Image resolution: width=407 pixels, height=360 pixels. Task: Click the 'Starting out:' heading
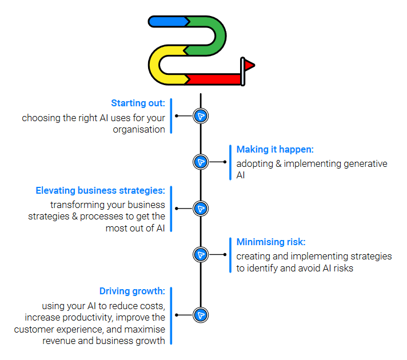(x=138, y=103)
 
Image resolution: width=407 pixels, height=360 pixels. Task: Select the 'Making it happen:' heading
(x=275, y=150)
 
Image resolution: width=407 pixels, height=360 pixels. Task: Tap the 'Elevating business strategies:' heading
(x=100, y=190)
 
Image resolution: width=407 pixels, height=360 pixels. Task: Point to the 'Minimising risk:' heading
(x=271, y=242)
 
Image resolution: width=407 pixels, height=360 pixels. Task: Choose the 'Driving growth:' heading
(x=132, y=291)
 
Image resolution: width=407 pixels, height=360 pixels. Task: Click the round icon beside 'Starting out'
(x=201, y=116)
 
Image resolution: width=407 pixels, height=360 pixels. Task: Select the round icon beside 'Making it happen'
(x=201, y=162)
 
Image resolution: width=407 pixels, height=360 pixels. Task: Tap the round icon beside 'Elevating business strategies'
(x=201, y=209)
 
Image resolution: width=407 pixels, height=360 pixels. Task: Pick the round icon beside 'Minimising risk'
(x=201, y=255)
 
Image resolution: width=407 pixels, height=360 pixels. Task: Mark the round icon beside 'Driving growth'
(x=201, y=315)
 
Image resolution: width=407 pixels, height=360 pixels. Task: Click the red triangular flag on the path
(x=249, y=65)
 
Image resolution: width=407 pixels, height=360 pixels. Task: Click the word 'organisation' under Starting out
(x=139, y=130)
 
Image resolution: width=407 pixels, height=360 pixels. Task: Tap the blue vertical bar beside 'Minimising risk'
(x=230, y=255)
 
